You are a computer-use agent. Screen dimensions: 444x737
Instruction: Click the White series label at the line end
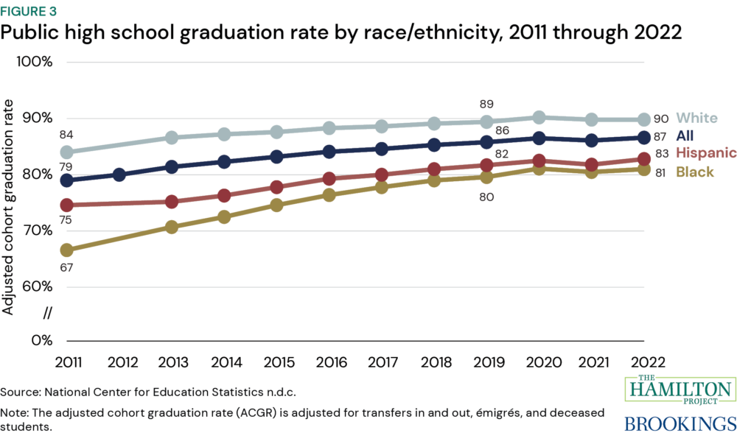696,118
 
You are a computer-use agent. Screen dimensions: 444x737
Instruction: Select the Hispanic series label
706,153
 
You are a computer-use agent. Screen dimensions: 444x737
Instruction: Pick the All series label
685,135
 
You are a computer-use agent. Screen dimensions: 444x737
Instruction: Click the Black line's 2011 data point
66,250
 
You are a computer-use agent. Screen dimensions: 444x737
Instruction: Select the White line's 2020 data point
539,117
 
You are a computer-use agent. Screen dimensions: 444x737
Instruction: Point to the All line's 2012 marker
119,175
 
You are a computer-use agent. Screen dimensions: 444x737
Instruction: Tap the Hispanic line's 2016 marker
329,178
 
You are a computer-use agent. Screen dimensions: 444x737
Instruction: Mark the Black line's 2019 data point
486,177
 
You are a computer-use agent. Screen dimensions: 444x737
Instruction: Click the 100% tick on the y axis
35,61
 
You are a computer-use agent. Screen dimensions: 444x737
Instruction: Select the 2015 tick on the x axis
276,362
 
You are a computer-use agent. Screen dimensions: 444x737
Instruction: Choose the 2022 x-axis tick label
643,362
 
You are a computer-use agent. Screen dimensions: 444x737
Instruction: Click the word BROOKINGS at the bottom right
680,424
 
